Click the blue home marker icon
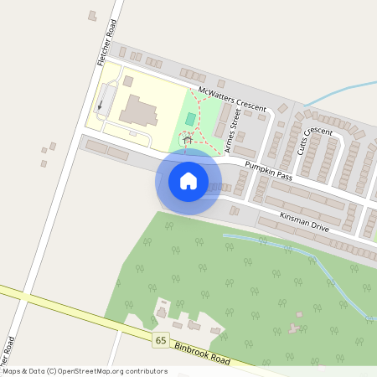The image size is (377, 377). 188,180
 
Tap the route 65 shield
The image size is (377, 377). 160,339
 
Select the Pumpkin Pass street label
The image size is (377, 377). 268,172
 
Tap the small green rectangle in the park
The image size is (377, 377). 191,120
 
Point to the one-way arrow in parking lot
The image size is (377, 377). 101,105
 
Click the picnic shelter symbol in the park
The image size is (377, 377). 186,140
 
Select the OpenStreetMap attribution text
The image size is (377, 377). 84,371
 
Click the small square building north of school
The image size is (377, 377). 128,82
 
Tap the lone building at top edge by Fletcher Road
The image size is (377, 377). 92,15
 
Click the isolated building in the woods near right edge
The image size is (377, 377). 296,326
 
